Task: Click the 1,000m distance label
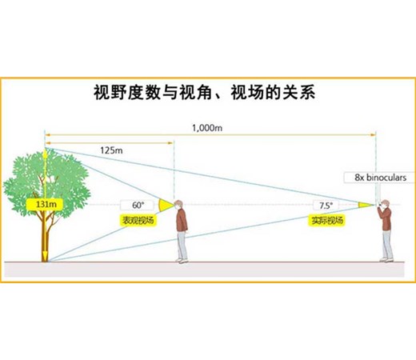pyautogui.click(x=207, y=128)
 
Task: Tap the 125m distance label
pyautogui.click(x=111, y=150)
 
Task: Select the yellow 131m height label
pyautogui.click(x=46, y=205)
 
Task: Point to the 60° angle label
pyautogui.click(x=138, y=205)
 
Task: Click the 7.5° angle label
pyautogui.click(x=326, y=206)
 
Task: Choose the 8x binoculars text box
pyautogui.click(x=380, y=178)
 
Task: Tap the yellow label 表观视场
pyautogui.click(x=138, y=220)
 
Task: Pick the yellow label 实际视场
pyautogui.click(x=327, y=220)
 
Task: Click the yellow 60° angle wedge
pyautogui.click(x=166, y=205)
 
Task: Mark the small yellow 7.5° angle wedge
pyautogui.click(x=366, y=205)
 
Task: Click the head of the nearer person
pyautogui.click(x=178, y=205)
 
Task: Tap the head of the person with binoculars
pyautogui.click(x=385, y=204)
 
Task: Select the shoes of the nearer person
pyautogui.click(x=182, y=260)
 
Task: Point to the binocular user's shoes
pyautogui.click(x=386, y=259)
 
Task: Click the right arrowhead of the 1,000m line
pyautogui.click(x=373, y=135)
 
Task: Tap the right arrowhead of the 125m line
pyautogui.click(x=170, y=143)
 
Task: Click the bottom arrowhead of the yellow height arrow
pyautogui.click(x=45, y=257)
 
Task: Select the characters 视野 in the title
pyautogui.click(x=110, y=93)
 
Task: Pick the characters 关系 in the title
pyautogui.click(x=299, y=93)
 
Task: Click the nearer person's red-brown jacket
pyautogui.click(x=182, y=220)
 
